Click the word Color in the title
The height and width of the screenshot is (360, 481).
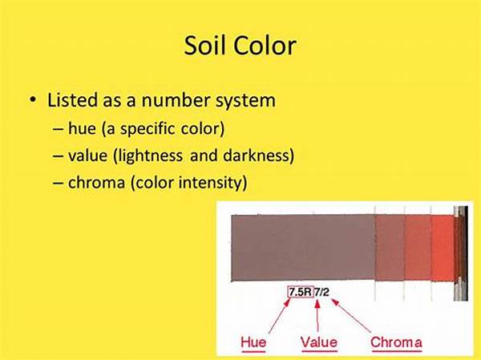265,46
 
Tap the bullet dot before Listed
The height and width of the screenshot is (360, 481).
33,99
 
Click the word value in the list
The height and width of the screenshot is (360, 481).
87,156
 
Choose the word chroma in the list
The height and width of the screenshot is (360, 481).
97,182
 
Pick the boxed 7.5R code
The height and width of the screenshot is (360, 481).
301,292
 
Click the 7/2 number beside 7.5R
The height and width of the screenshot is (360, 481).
321,292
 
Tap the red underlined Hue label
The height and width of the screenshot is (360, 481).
253,342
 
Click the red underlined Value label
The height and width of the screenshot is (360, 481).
319,342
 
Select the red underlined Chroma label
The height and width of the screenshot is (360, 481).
396,342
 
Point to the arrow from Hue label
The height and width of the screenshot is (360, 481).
279,316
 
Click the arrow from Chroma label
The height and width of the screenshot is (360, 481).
351,316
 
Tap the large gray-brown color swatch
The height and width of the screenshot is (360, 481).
303,248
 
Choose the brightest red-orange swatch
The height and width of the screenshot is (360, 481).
443,248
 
